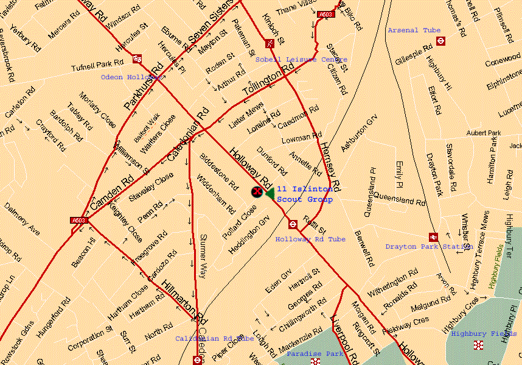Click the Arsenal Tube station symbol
pos(441,41)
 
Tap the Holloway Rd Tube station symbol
pos(293,224)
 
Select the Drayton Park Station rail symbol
pos(433,237)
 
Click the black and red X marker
pos(257,192)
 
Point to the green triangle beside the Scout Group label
pos(269,193)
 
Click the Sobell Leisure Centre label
pos(301,60)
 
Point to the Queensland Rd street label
pos(399,198)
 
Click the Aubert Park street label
pos(483,133)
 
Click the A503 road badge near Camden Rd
pos(79,220)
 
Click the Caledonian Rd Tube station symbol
pos(197,360)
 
